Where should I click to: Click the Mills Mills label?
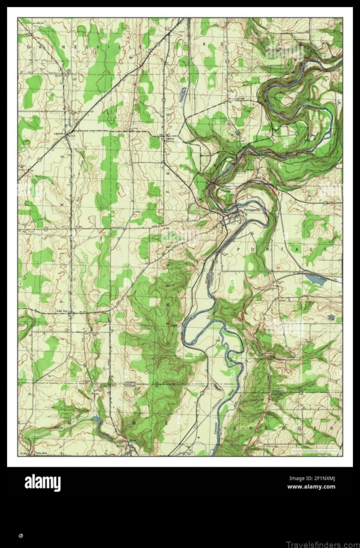42,453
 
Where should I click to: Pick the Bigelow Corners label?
170,139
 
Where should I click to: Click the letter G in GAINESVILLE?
28,47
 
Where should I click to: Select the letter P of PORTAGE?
239,249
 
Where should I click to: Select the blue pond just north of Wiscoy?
95,419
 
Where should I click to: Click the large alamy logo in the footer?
42,483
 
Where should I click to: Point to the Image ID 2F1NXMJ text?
312,479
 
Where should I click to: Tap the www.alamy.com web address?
311,486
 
